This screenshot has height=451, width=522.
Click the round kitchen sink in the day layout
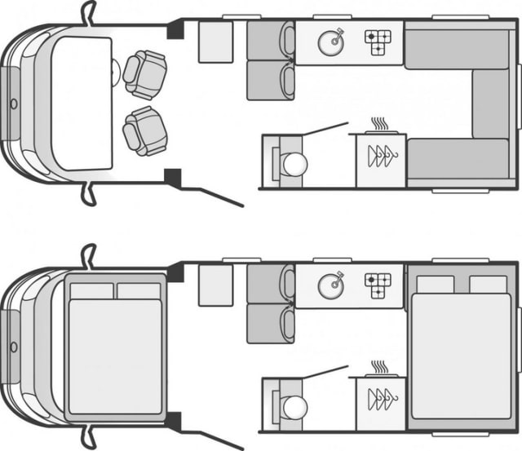(331, 42)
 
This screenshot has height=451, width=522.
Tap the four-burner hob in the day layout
(377, 42)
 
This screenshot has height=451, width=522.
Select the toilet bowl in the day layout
(294, 164)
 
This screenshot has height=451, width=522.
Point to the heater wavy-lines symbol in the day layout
(380, 124)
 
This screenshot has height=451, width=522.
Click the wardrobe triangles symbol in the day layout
(382, 156)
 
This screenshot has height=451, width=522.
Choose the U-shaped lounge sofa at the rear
(489, 102)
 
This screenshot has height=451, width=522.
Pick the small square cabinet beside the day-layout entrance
(215, 41)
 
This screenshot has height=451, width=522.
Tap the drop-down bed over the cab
(116, 346)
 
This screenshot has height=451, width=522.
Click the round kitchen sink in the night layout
(331, 285)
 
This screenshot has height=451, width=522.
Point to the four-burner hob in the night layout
(377, 285)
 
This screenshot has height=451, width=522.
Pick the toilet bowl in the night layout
(294, 406)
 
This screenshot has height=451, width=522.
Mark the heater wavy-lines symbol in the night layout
(380, 367)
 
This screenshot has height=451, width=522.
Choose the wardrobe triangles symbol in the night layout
(382, 399)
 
